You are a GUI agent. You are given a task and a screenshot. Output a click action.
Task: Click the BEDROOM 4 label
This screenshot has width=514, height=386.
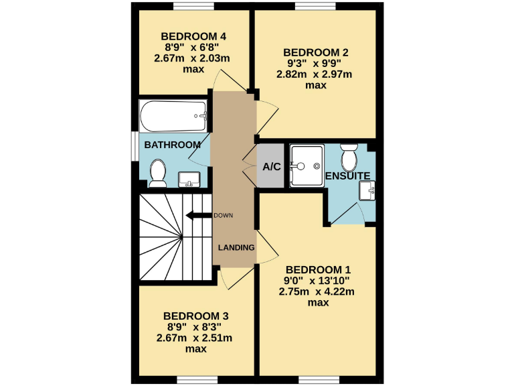[x=193, y=36]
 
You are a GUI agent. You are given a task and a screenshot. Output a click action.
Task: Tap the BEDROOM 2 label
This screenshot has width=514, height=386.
[x=316, y=52]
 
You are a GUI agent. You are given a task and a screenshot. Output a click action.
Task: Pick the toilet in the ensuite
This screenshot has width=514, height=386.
[x=349, y=157]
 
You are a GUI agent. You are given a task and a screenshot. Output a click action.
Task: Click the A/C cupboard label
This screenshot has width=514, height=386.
[x=271, y=166]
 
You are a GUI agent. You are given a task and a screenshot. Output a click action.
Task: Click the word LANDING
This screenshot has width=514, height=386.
[x=236, y=247]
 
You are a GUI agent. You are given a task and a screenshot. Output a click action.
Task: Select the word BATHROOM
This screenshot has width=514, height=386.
[x=173, y=145]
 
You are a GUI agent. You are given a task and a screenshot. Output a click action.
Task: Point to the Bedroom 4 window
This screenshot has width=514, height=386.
[x=193, y=7]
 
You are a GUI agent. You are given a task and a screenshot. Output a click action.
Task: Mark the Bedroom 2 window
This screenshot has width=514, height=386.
[x=315, y=7]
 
